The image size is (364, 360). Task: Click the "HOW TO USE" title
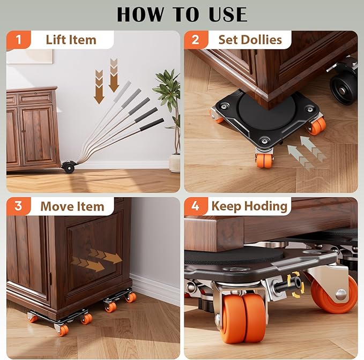click(x=182, y=14)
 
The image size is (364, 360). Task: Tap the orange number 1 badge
click(x=18, y=40)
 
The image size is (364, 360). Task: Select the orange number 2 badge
click(x=196, y=40)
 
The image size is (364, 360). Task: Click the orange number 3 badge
click(x=18, y=206)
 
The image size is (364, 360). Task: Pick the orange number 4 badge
click(x=196, y=206)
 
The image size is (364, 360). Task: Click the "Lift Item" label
click(x=71, y=40)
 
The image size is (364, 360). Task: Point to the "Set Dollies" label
click(x=250, y=40)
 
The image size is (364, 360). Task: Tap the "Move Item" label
click(x=72, y=206)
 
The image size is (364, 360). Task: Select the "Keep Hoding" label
click(x=249, y=206)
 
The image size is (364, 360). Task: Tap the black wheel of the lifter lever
click(x=68, y=167)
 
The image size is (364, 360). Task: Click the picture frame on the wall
click(x=29, y=56)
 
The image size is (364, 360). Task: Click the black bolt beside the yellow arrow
click(x=280, y=284)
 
